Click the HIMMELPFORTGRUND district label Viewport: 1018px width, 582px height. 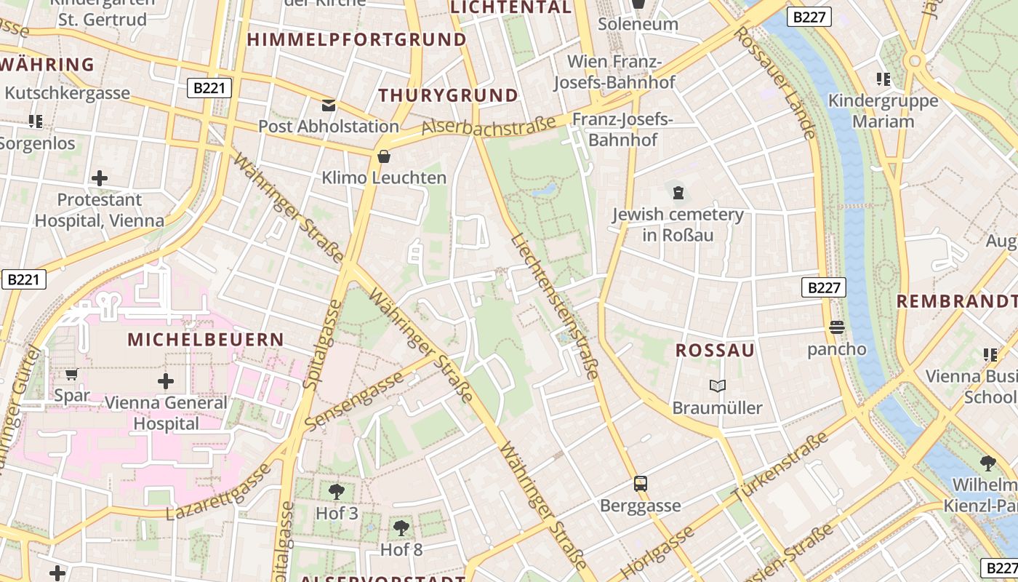(356, 39)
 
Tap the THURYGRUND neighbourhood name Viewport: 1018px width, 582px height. (448, 95)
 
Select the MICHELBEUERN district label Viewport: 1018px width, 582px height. (206, 339)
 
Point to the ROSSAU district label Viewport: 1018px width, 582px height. (715, 351)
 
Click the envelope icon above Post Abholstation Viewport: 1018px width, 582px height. (329, 105)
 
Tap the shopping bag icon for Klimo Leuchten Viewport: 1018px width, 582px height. (384, 156)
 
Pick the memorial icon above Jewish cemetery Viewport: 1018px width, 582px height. (678, 193)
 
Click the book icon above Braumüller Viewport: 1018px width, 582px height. (717, 386)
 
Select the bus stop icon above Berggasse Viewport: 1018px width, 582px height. (641, 484)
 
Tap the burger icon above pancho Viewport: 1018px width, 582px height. (836, 328)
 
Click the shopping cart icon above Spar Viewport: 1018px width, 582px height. (71, 375)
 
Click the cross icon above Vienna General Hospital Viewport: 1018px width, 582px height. (166, 380)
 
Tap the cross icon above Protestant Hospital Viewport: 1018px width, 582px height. (100, 178)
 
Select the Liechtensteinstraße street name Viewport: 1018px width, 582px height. (554, 306)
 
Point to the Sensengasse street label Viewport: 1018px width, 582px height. (354, 401)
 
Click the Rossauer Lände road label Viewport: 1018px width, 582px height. (775, 82)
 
